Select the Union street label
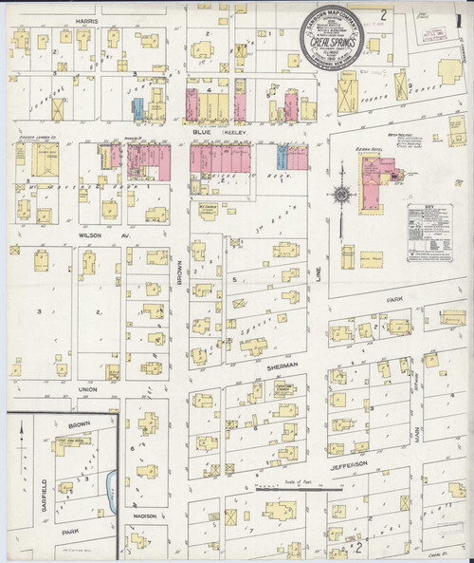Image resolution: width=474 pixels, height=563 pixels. tap(88, 389)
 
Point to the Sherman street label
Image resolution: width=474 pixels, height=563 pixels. tap(283, 365)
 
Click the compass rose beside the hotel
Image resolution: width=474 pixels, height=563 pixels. tap(339, 197)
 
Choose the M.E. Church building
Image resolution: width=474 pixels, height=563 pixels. tap(207, 208)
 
